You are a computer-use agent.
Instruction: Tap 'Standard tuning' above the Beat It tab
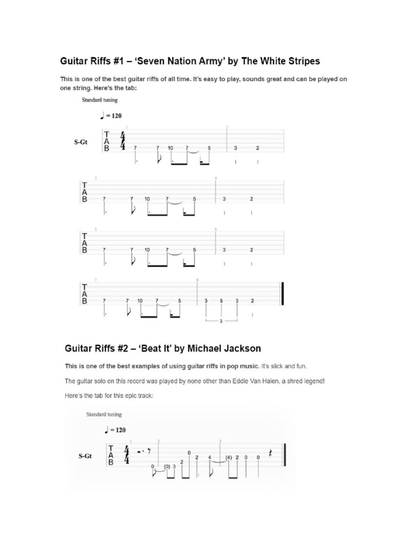click(x=104, y=415)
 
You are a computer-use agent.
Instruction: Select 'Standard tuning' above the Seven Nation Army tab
click(x=100, y=100)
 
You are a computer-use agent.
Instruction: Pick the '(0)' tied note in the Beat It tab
click(x=166, y=466)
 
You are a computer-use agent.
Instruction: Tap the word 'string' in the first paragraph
click(x=95, y=88)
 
